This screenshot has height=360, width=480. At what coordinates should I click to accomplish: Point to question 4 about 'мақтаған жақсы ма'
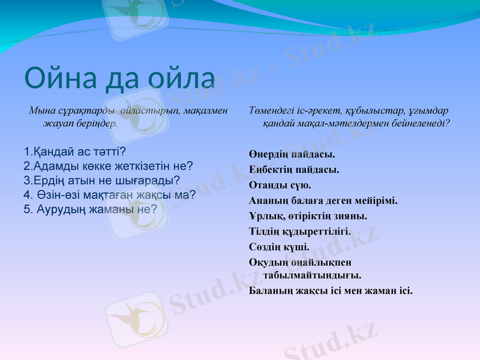coord(110,194)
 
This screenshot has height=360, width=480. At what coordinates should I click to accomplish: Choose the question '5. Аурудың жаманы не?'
coord(91,209)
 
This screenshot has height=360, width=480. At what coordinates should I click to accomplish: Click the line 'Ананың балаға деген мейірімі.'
coord(323,200)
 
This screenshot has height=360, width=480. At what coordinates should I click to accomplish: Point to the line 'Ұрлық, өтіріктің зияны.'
coord(307,216)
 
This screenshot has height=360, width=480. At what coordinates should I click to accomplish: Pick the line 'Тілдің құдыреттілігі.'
coord(300,231)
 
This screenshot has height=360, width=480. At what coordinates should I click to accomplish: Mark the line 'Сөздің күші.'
coord(279,247)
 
